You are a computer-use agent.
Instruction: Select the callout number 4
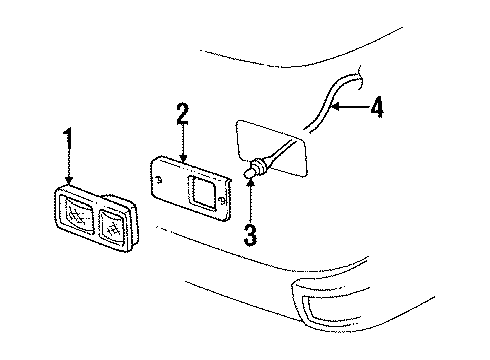click(378, 105)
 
